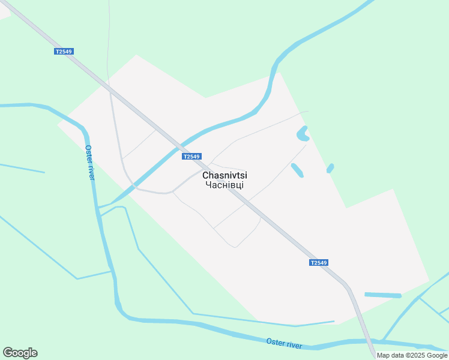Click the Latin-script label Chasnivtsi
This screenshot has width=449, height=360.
pos(224,175)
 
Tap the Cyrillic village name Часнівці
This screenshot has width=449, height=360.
pos(224,185)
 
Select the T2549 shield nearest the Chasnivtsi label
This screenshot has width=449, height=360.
pos(191,157)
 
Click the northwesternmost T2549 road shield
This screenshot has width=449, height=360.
pos(63,52)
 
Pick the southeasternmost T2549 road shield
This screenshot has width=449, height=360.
pos(319,263)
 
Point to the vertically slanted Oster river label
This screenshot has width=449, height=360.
pos(90,163)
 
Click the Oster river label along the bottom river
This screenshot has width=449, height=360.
pos(284,344)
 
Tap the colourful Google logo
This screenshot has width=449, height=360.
pos(20,353)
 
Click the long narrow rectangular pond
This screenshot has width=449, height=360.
pos(382,295)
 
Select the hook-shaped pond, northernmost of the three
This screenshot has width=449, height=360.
pos(302,134)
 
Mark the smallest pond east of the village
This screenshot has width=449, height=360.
pos(330,169)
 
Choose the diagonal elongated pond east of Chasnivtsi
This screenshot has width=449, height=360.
pos(297,170)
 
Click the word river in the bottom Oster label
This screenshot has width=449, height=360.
pos(294,345)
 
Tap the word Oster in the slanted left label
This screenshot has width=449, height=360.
pos(88,154)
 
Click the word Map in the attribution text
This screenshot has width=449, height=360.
pos(383,355)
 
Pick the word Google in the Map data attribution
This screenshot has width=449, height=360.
pos(435,355)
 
